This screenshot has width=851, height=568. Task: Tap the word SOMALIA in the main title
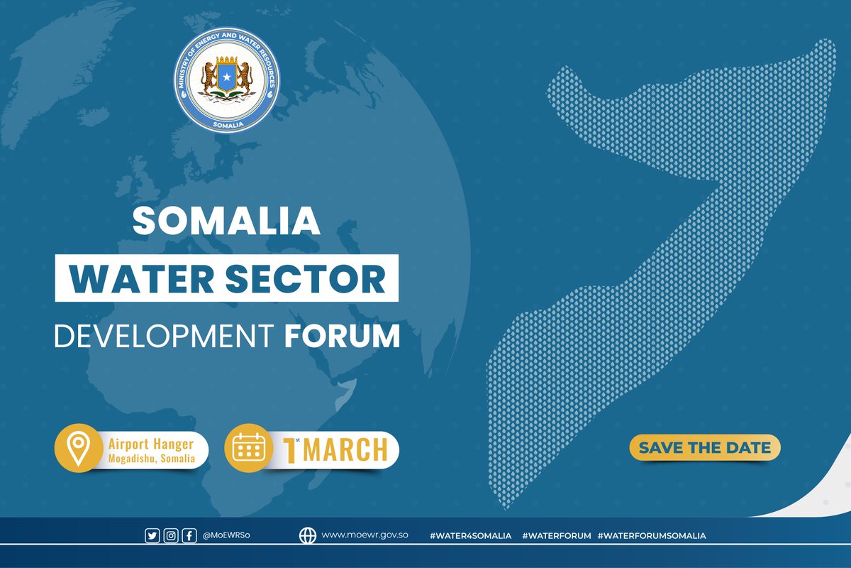tap(227, 222)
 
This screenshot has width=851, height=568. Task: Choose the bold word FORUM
tap(343, 336)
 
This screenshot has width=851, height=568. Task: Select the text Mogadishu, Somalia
tap(151, 459)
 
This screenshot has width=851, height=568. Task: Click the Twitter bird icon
tap(152, 536)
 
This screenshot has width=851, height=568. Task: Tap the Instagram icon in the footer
tap(171, 536)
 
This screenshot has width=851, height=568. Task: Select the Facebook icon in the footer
tap(189, 536)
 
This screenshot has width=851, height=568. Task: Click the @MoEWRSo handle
tap(226, 536)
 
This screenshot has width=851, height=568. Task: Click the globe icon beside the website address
tap(307, 536)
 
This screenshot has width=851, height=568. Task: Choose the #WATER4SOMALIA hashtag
tap(470, 536)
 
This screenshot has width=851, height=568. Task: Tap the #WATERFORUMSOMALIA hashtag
tap(652, 536)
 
